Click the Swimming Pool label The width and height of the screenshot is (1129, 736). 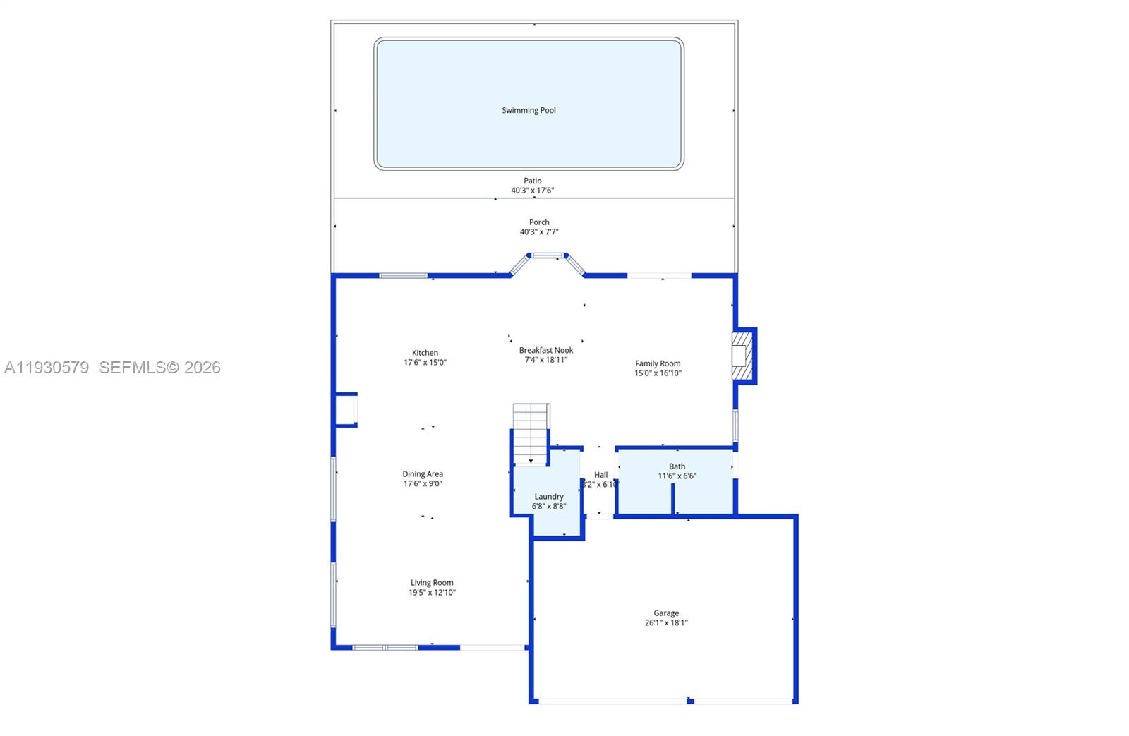pyautogui.click(x=529, y=110)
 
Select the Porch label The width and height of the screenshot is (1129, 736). pyautogui.click(x=539, y=222)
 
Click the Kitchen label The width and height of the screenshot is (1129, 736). pyautogui.click(x=425, y=353)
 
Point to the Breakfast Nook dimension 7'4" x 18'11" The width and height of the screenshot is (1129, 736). pyautogui.click(x=546, y=360)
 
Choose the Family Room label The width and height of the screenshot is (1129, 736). pyautogui.click(x=658, y=363)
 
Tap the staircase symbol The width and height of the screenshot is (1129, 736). pyautogui.click(x=531, y=430)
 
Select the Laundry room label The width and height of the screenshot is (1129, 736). pyautogui.click(x=549, y=497)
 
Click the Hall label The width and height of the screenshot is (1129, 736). pyautogui.click(x=600, y=475)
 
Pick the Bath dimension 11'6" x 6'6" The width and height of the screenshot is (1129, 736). pyautogui.click(x=677, y=476)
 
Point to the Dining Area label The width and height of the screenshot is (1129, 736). pyautogui.click(x=423, y=474)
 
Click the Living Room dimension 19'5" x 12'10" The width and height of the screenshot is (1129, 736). pyautogui.click(x=432, y=593)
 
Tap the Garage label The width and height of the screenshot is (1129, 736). pyautogui.click(x=666, y=613)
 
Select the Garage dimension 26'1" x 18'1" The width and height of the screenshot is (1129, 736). pyautogui.click(x=666, y=623)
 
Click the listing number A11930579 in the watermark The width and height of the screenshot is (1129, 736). pyautogui.click(x=47, y=368)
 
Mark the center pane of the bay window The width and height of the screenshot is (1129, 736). pyautogui.click(x=547, y=255)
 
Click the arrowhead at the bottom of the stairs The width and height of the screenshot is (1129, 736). pyautogui.click(x=531, y=461)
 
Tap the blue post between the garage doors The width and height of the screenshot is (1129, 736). pyautogui.click(x=690, y=701)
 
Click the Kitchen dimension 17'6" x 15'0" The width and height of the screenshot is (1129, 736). pyautogui.click(x=425, y=363)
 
